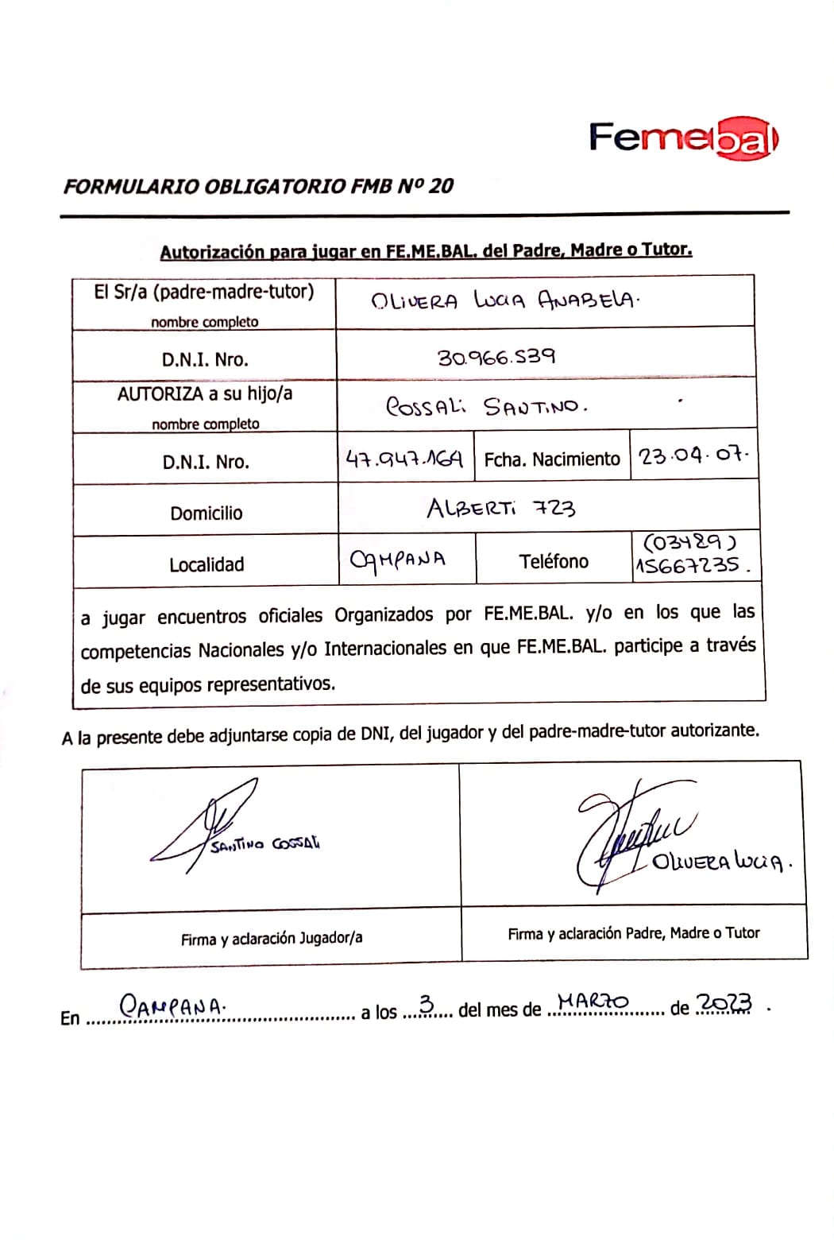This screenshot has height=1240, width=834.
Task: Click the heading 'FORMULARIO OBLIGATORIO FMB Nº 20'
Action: tap(258, 187)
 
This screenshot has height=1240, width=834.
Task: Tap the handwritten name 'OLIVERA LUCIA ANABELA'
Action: tap(505, 301)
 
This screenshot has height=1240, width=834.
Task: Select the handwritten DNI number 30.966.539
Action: tap(496, 357)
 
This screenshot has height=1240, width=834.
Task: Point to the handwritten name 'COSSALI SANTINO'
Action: tap(486, 407)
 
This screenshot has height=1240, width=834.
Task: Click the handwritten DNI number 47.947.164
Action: tap(404, 459)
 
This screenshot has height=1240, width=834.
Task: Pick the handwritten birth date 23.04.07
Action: tap(693, 457)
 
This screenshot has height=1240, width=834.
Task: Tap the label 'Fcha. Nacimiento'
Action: tap(552, 459)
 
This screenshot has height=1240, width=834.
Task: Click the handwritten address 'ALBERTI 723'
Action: tap(501, 508)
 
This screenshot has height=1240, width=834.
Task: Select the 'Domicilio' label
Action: tap(207, 513)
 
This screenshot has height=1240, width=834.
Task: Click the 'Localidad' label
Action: tap(207, 565)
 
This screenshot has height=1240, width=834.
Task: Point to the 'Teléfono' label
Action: tap(554, 562)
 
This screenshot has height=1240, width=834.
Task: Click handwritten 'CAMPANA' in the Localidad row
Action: tap(398, 559)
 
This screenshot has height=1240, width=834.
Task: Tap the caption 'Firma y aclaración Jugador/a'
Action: tap(272, 939)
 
